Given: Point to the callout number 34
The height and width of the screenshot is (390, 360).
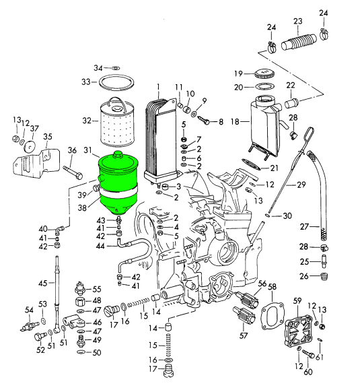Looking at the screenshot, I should [x=98, y=68].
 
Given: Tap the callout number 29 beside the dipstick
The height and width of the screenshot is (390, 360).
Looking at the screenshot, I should [x=301, y=184].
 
